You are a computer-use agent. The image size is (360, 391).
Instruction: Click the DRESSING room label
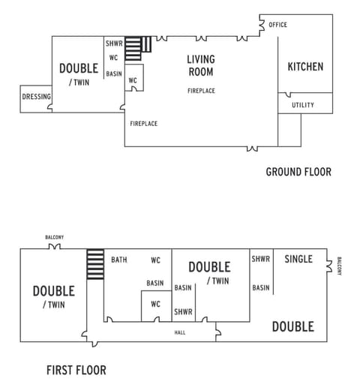point(36,97)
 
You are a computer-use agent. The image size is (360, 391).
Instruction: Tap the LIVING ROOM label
point(200,66)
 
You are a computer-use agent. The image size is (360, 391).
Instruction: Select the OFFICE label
point(277,25)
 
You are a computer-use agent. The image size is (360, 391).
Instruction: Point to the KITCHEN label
point(305,67)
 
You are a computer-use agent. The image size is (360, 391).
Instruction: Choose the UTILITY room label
point(303,105)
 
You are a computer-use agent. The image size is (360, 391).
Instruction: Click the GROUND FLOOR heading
point(298,172)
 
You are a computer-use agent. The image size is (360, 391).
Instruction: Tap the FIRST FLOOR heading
point(76,370)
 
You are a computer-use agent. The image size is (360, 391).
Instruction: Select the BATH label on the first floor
point(119,260)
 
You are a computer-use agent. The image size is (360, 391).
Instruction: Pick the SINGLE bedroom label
point(298,260)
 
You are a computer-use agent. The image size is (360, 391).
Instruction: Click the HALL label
point(180,332)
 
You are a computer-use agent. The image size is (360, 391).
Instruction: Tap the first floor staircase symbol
point(95,264)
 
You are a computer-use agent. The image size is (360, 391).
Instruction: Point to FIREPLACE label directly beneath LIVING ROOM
point(202,91)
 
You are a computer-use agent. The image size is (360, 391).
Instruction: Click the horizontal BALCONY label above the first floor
point(54,237)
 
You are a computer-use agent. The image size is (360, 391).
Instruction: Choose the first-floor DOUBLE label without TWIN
point(292,326)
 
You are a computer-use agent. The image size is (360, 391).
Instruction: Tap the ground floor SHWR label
point(114,44)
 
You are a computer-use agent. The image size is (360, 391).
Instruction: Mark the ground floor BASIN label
point(114,74)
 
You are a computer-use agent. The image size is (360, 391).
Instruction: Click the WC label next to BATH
point(155,260)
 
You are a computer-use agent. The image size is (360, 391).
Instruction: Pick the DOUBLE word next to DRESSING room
point(79,69)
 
